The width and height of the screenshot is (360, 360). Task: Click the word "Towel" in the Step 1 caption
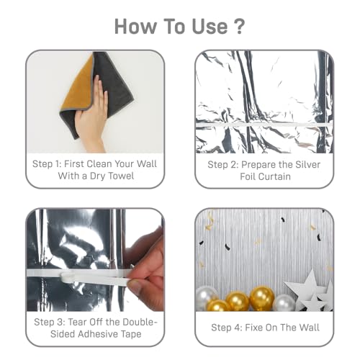[120, 176]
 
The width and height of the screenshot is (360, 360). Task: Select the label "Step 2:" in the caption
[225, 164]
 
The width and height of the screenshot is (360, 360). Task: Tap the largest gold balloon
[262, 297]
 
